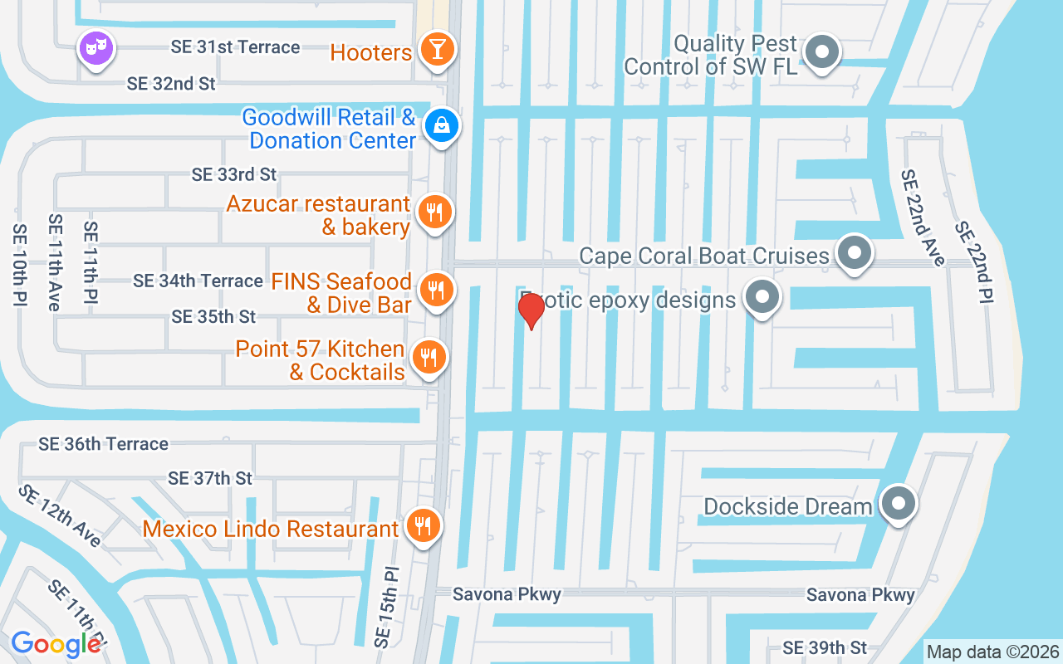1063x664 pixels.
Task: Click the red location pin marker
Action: pyautogui.click(x=531, y=310)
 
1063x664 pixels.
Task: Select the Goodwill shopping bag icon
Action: pyautogui.click(x=442, y=126)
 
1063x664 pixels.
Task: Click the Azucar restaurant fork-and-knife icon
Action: pyautogui.click(x=434, y=212)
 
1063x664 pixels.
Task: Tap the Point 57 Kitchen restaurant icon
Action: pyautogui.click(x=429, y=358)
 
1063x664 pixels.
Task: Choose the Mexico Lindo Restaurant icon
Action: pyautogui.click(x=424, y=525)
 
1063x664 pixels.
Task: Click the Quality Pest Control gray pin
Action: pyautogui.click(x=822, y=51)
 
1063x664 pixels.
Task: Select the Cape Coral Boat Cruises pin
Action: pyautogui.click(x=854, y=252)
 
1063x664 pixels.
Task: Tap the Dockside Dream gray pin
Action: pyautogui.click(x=897, y=503)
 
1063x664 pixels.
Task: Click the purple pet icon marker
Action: pyautogui.click(x=96, y=47)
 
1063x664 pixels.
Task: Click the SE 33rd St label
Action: pyautogui.click(x=233, y=174)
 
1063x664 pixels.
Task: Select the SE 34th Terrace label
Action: pyautogui.click(x=198, y=281)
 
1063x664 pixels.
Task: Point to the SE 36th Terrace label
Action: pyautogui.click(x=103, y=444)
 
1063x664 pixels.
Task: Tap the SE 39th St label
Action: pyautogui.click(x=825, y=647)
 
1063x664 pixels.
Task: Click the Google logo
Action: pyautogui.click(x=56, y=644)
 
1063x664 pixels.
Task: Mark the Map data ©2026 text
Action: pyautogui.click(x=993, y=652)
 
